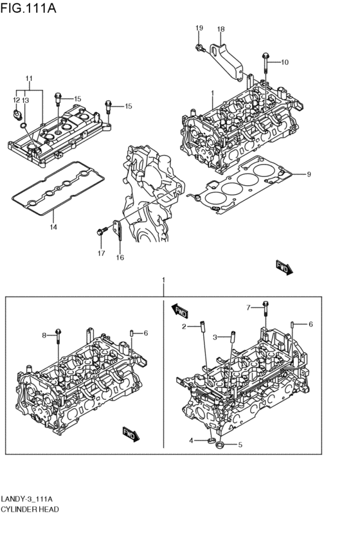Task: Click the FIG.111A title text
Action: (x=28, y=8)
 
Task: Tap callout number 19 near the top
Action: (x=199, y=28)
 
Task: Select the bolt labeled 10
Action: (x=265, y=63)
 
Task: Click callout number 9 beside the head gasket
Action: (x=309, y=174)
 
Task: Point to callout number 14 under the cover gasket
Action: (x=53, y=227)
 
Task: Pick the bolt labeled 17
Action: (x=102, y=231)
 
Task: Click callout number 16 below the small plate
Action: (x=120, y=258)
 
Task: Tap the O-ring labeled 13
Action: (x=24, y=125)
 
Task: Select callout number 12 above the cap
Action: (x=16, y=100)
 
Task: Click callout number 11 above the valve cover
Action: (x=30, y=78)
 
